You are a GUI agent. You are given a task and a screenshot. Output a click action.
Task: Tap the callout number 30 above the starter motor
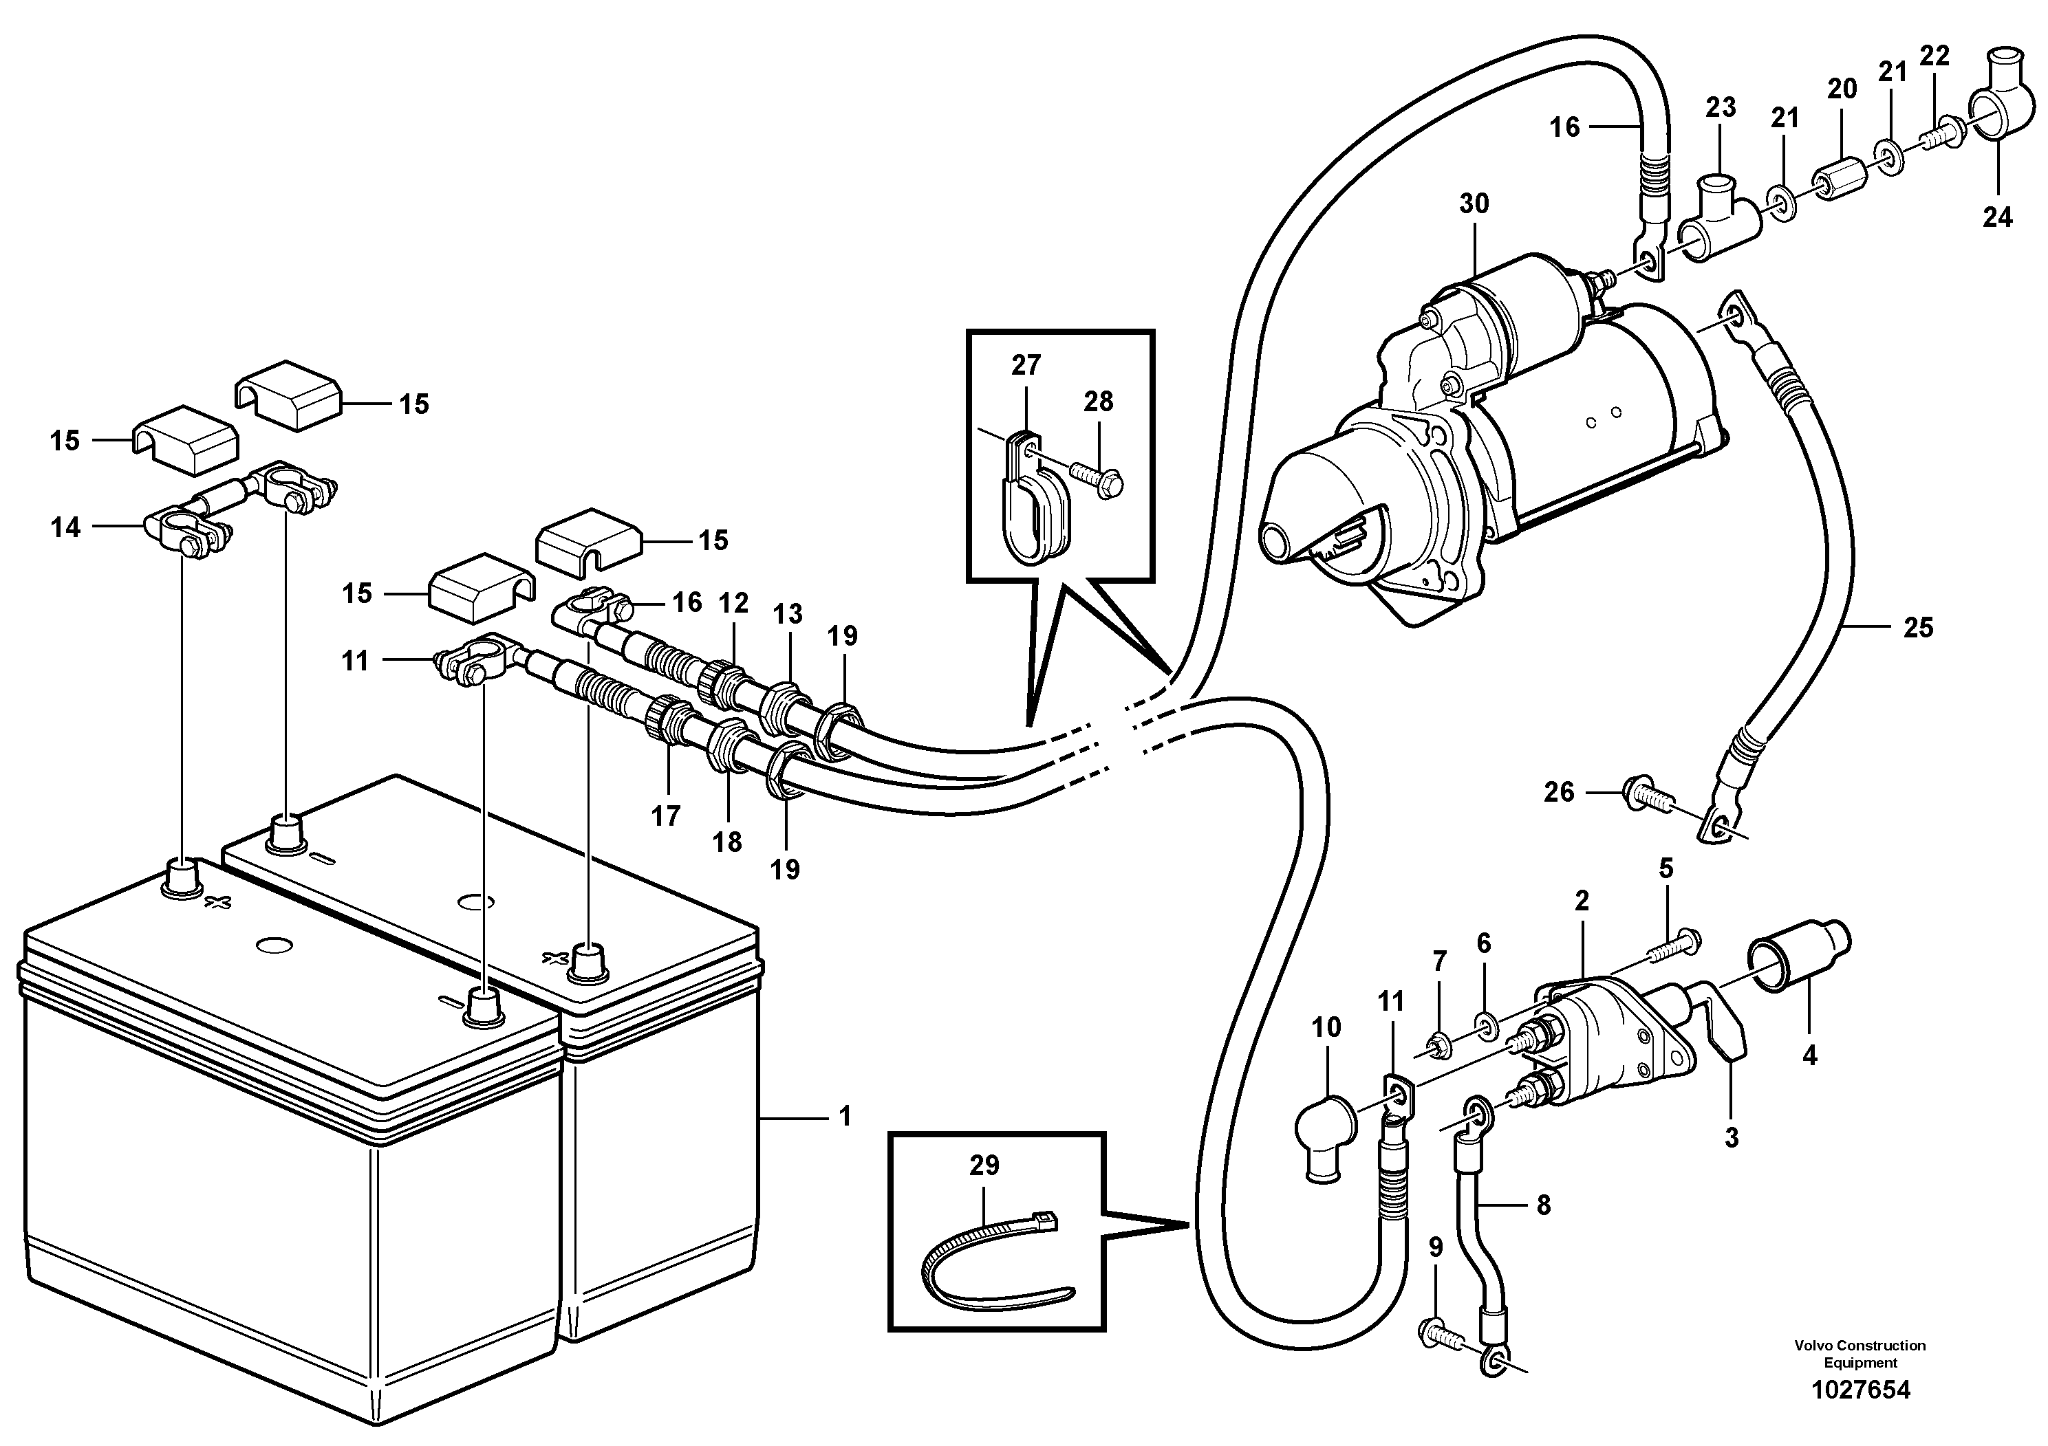tap(1474, 204)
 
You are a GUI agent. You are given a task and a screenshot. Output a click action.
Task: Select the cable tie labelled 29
tap(990, 1257)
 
